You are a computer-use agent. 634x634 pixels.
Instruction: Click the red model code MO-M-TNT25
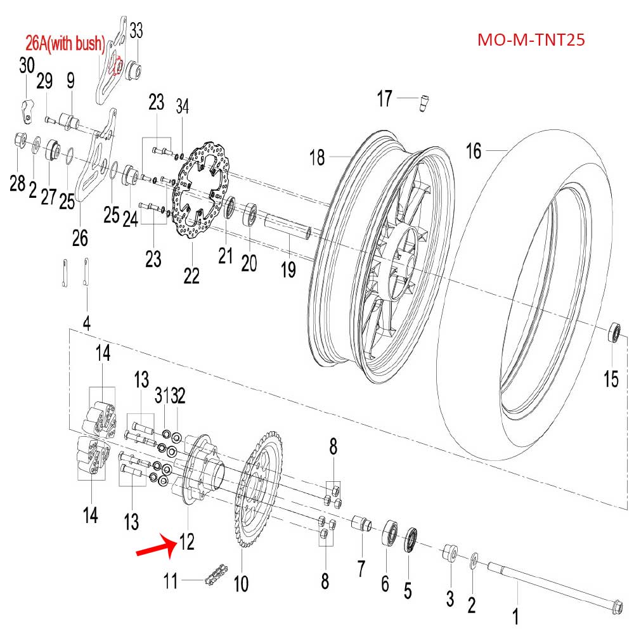[531, 41]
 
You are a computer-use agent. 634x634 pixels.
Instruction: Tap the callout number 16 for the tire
[474, 151]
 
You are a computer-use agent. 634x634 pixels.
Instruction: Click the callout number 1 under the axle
[515, 615]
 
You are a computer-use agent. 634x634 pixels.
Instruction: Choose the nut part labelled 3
[450, 554]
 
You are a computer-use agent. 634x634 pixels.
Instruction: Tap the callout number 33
[136, 30]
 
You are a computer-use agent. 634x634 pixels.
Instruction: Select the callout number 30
[27, 65]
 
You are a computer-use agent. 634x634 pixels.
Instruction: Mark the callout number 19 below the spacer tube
[288, 270]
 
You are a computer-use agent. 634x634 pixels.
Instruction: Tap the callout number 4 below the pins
[87, 323]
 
